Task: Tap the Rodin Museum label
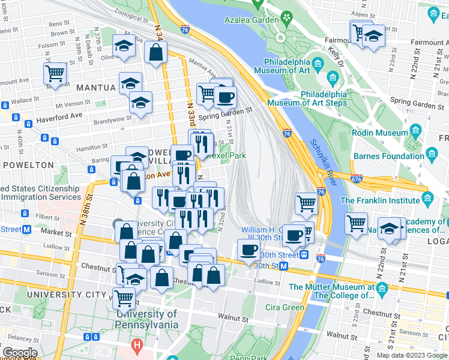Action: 380,133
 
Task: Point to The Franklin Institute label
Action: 380,200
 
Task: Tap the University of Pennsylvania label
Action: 147,319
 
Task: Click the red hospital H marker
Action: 137,346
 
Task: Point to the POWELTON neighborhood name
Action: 28,164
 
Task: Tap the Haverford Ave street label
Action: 59,115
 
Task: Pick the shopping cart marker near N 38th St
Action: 55,74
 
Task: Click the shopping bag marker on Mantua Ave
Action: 155,52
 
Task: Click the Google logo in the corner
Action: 20,352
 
